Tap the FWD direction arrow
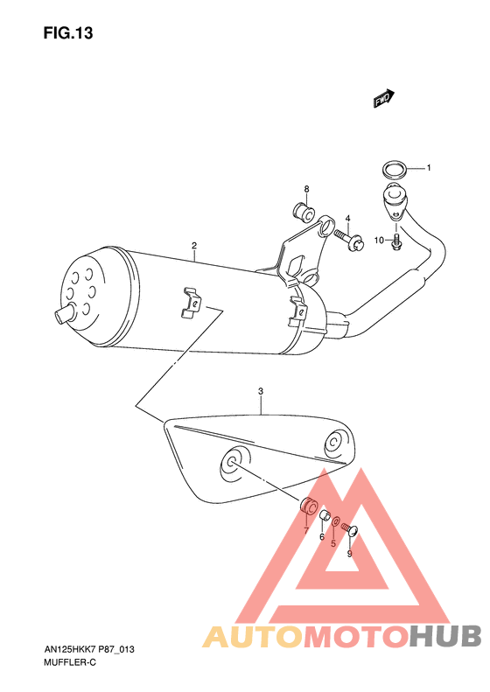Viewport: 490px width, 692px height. tap(383, 100)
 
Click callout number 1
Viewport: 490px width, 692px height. tap(429, 167)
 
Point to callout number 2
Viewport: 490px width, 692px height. tap(193, 247)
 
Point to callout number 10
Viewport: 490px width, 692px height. tap(380, 240)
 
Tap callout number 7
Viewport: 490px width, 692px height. tap(305, 531)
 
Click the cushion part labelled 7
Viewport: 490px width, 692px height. tap(308, 507)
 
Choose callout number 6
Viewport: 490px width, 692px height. tap(321, 536)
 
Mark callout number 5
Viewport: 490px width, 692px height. tap(333, 542)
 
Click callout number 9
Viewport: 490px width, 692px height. tap(349, 553)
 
